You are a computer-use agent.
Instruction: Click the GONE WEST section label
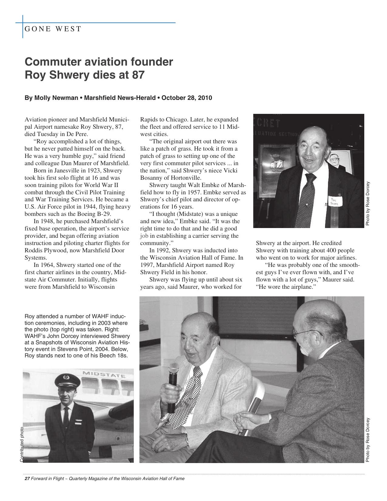(x=53, y=29)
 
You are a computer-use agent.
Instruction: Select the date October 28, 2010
(x=187, y=98)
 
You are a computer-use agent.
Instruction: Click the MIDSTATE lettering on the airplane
(x=104, y=374)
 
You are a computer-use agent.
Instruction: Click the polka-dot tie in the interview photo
(x=188, y=395)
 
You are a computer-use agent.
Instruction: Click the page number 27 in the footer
(x=27, y=479)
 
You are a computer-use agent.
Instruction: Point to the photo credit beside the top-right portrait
(x=368, y=203)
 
